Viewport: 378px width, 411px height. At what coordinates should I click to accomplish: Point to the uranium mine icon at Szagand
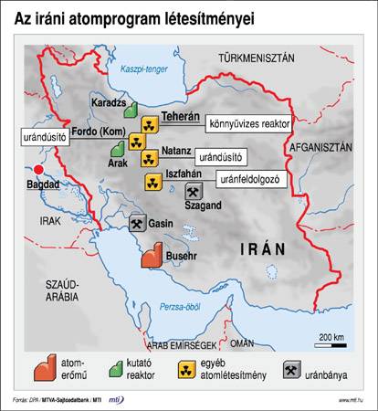[x=193, y=191]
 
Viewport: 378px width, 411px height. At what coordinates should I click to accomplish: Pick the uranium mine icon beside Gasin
[x=134, y=223]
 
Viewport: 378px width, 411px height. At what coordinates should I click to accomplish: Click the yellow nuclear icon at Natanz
[x=149, y=159]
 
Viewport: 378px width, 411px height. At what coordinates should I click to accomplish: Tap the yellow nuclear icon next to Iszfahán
[x=152, y=181]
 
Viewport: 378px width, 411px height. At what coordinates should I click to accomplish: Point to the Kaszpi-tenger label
[x=131, y=68]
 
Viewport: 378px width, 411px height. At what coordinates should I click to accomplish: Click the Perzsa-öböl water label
[x=180, y=308]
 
